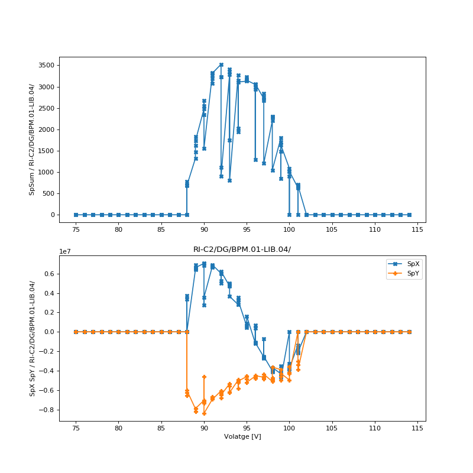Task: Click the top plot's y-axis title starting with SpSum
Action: click(33, 140)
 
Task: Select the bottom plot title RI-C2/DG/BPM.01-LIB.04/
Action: click(242, 250)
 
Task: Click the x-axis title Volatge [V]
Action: click(242, 436)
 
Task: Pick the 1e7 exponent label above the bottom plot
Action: click(66, 251)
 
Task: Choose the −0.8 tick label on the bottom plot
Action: click(47, 410)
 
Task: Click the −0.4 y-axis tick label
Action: click(47, 371)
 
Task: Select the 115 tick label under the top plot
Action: click(417, 229)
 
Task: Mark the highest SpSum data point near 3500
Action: click(221, 65)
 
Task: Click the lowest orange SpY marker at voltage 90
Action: click(204, 413)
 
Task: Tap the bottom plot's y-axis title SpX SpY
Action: click(33, 338)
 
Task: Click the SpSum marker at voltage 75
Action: click(76, 215)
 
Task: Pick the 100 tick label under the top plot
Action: click(289, 229)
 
